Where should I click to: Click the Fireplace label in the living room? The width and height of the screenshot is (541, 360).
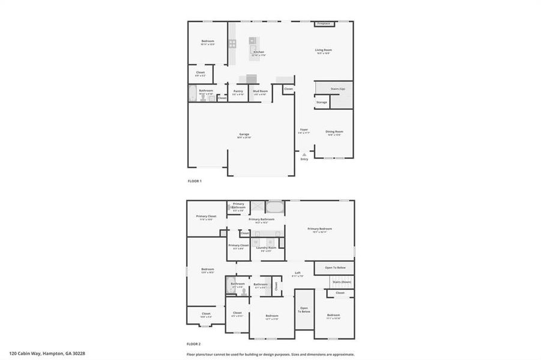[324, 23]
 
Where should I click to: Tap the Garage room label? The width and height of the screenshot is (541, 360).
[244, 134]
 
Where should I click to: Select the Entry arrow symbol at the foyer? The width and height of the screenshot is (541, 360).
[304, 154]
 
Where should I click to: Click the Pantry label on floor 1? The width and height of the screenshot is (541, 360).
[238, 91]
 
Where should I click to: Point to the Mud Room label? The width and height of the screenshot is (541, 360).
[260, 91]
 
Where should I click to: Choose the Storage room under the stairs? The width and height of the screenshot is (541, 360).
[322, 103]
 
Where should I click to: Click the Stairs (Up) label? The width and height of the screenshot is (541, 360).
[338, 89]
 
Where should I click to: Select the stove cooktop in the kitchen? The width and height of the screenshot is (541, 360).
[232, 43]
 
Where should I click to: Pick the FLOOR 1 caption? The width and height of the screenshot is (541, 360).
[195, 181]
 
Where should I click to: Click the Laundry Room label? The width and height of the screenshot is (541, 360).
[266, 247]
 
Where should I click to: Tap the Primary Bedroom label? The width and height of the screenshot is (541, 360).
[319, 229]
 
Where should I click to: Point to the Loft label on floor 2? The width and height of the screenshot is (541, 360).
[297, 272]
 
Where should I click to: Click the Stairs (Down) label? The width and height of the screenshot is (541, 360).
[342, 281]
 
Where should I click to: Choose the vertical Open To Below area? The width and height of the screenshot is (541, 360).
[304, 310]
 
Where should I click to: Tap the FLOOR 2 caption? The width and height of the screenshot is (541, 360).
[193, 344]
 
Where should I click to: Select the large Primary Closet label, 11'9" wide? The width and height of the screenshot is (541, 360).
[207, 216]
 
